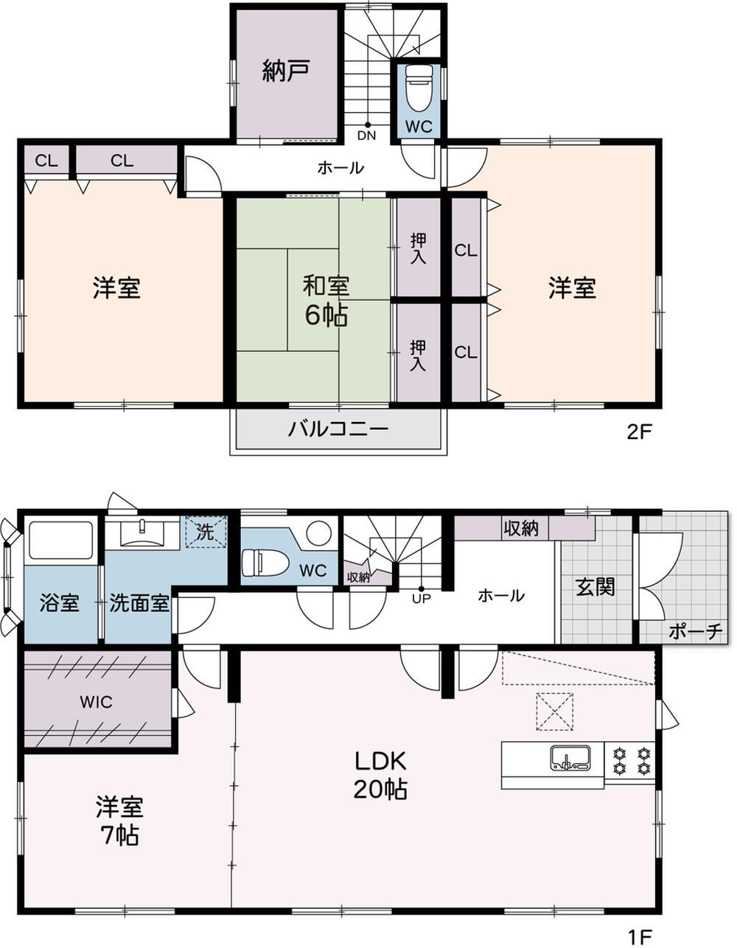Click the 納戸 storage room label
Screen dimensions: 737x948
pyautogui.click(x=286, y=71)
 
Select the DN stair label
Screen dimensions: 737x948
pyautogui.click(x=366, y=136)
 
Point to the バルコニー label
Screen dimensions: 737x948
pyautogui.click(x=338, y=429)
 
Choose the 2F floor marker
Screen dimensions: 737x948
pyautogui.click(x=639, y=432)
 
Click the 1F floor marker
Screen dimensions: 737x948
pyautogui.click(x=640, y=935)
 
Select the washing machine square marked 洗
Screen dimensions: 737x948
pyautogui.click(x=206, y=532)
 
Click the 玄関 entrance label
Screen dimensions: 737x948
pyautogui.click(x=595, y=587)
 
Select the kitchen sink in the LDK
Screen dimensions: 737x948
pyautogui.click(x=570, y=758)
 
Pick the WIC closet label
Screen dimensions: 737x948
pyautogui.click(x=96, y=702)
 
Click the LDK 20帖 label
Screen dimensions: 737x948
pyautogui.click(x=380, y=775)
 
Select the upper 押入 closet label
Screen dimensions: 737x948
pyautogui.click(x=418, y=249)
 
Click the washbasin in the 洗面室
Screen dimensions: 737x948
pyautogui.click(x=142, y=533)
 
